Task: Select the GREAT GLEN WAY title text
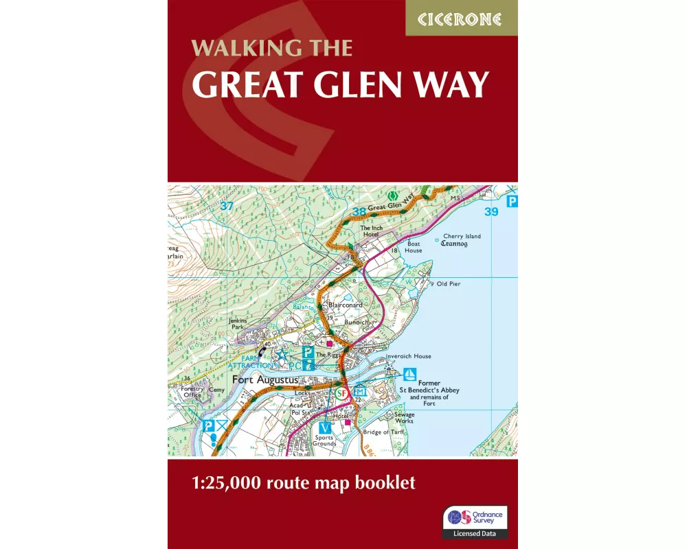(340, 85)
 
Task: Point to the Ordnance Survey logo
(475, 517)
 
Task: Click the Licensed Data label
(475, 533)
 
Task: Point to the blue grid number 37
(227, 206)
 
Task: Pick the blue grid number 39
(491, 212)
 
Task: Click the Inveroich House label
(408, 356)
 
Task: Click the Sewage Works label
(404, 417)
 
